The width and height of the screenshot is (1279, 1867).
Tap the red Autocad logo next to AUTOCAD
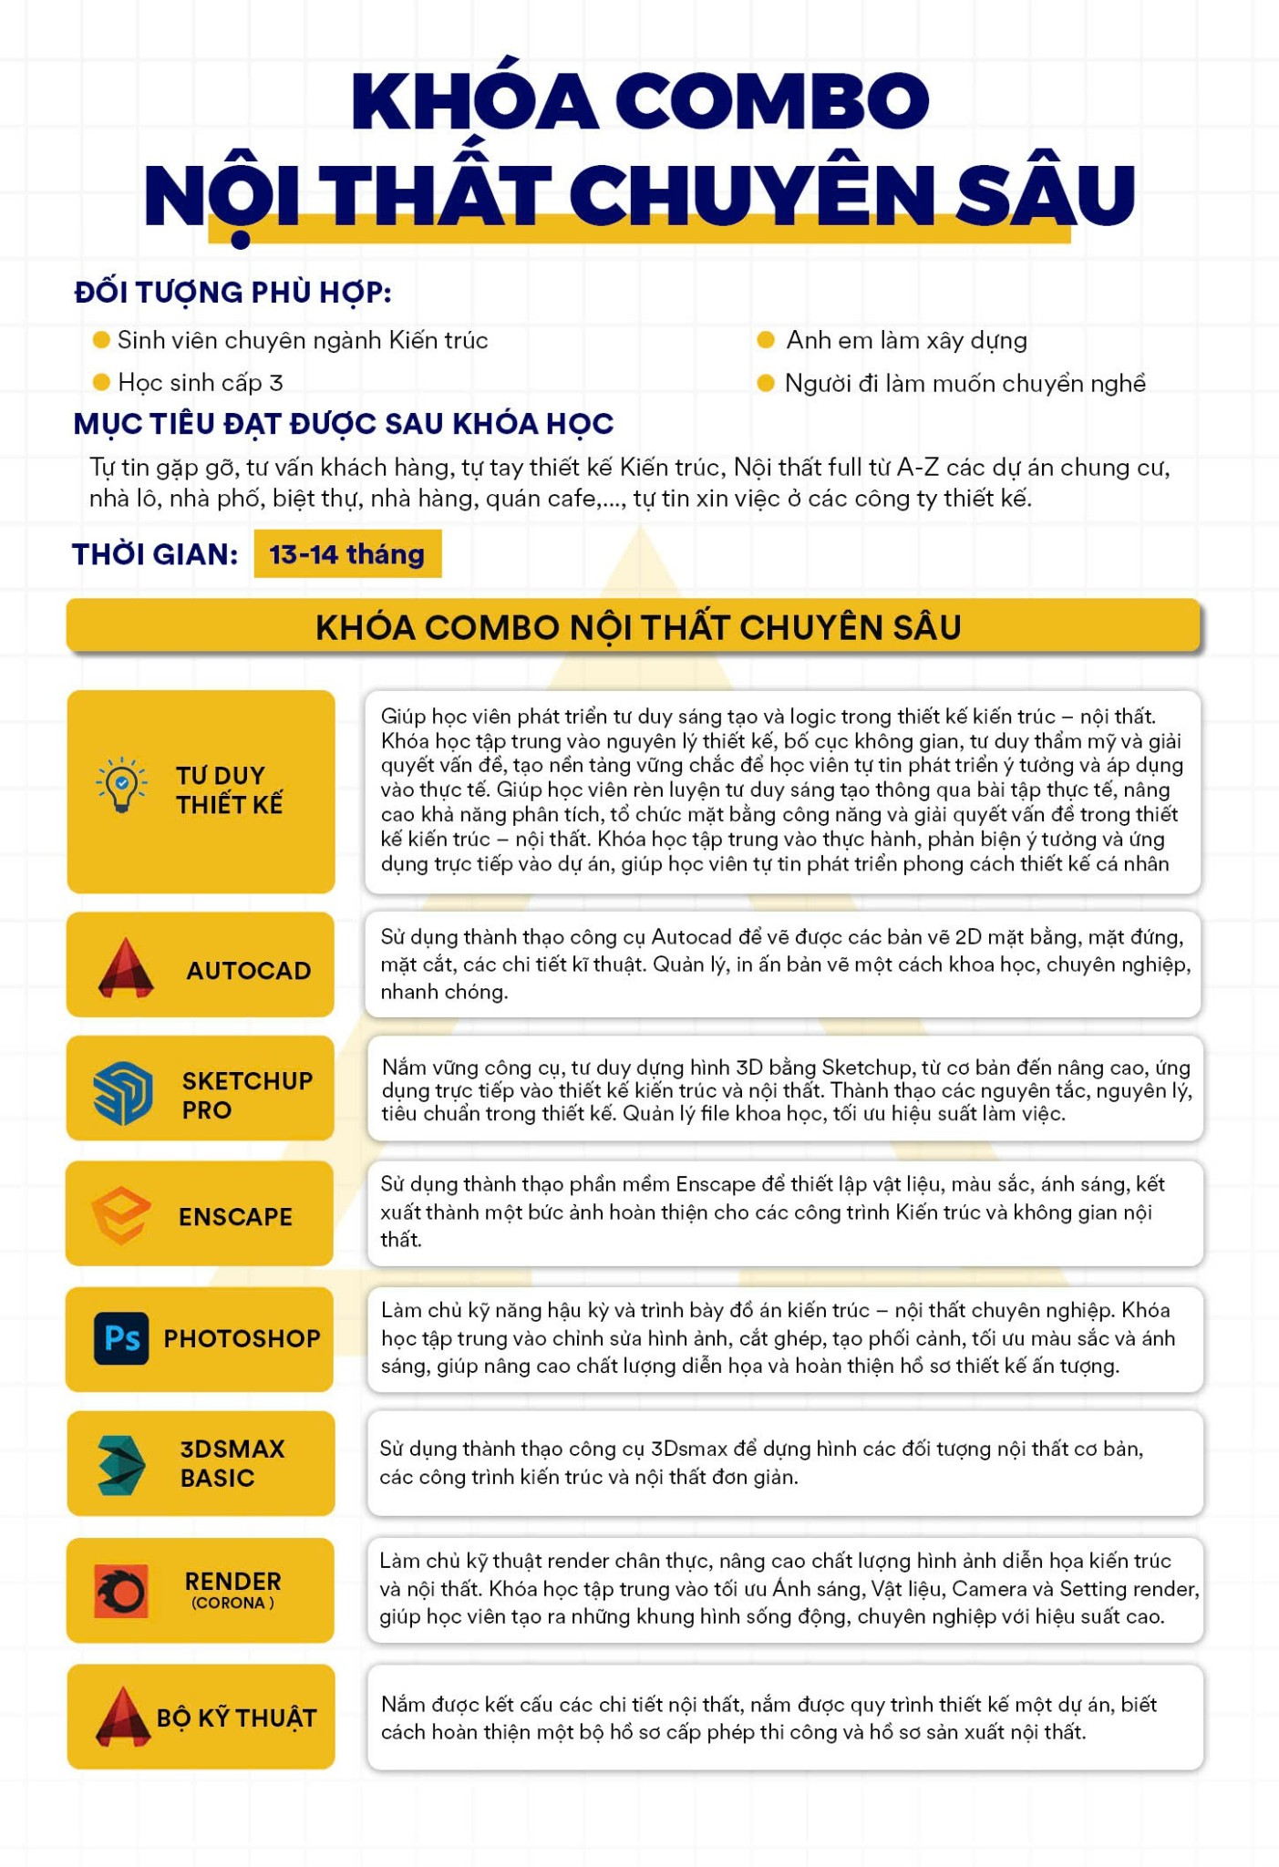pyautogui.click(x=126, y=968)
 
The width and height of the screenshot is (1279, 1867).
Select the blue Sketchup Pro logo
pyautogui.click(x=122, y=1092)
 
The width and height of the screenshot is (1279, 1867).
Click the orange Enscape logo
pyautogui.click(x=120, y=1215)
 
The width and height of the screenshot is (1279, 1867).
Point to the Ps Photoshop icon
pyautogui.click(x=121, y=1337)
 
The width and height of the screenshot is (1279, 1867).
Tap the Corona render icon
pyautogui.click(x=121, y=1591)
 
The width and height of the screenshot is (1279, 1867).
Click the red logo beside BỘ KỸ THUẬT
pyautogui.click(x=123, y=1717)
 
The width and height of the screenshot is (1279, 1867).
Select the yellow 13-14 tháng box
pyautogui.click(x=347, y=553)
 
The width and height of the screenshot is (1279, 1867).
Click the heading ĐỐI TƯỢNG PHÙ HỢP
pyautogui.click(x=232, y=293)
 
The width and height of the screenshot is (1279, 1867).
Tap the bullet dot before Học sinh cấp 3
pyautogui.click(x=101, y=382)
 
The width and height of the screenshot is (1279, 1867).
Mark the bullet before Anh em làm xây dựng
pyautogui.click(x=766, y=340)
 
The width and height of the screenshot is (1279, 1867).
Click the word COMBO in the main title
pyautogui.click(x=778, y=100)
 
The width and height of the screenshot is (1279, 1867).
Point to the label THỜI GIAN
pyautogui.click(x=155, y=554)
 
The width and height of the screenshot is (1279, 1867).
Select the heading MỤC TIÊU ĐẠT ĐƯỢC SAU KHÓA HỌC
pyautogui.click(x=343, y=424)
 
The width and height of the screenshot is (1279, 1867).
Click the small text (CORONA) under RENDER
pyautogui.click(x=232, y=1604)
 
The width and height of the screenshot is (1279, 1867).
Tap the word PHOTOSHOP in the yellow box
pyautogui.click(x=242, y=1338)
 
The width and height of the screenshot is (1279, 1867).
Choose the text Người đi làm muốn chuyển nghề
pyautogui.click(x=964, y=383)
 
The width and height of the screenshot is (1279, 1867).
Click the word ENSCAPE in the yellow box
pyautogui.click(x=235, y=1217)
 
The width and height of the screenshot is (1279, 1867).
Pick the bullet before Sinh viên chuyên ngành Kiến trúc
pyautogui.click(x=101, y=340)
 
